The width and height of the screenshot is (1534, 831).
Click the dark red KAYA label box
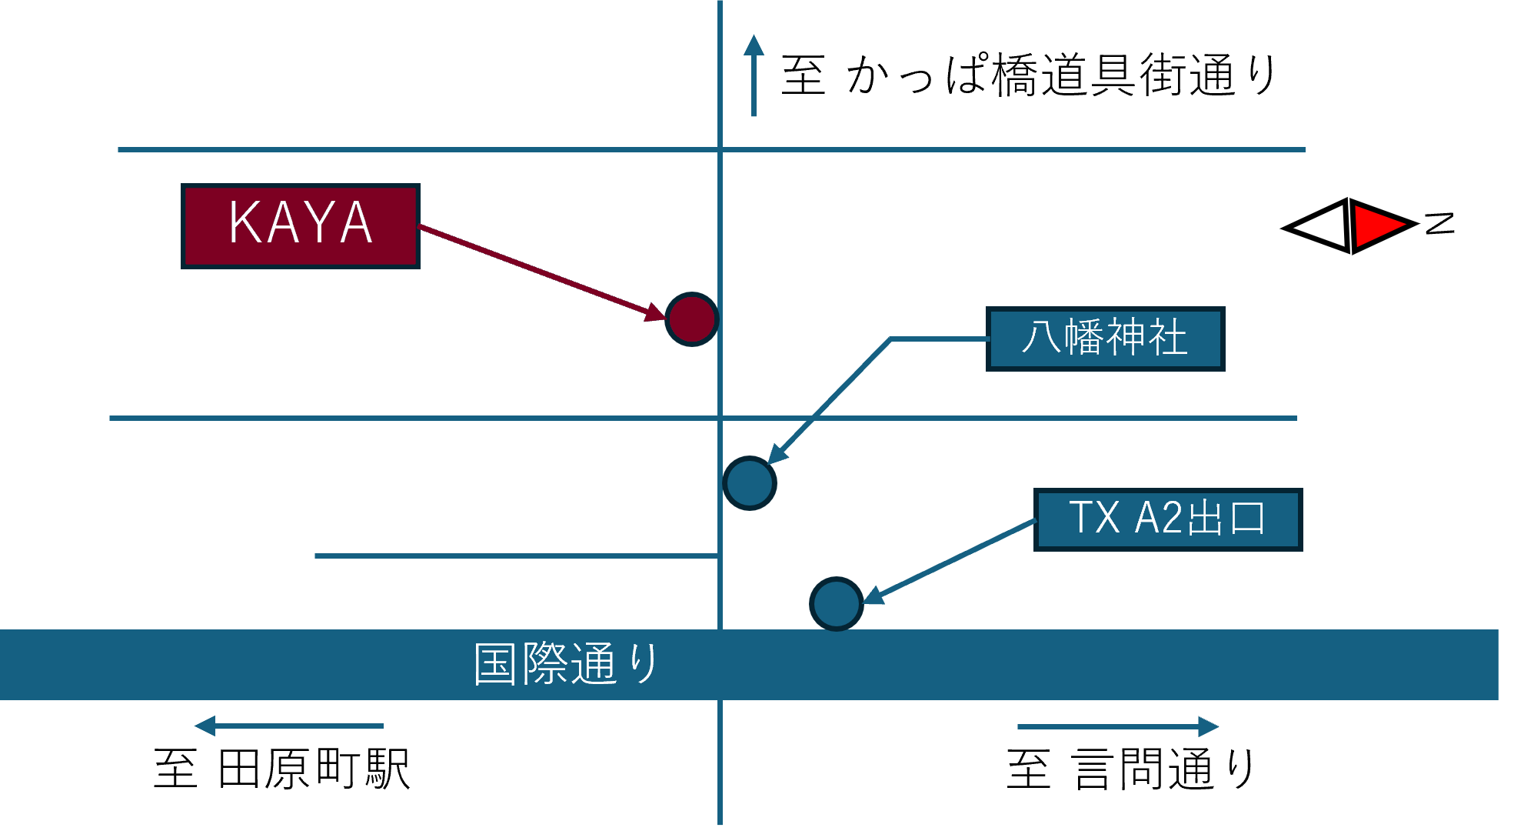point(300,226)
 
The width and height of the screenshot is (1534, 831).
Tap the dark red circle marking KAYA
point(691,319)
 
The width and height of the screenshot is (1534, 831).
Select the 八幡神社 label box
point(1105,339)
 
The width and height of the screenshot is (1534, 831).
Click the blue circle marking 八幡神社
point(750,483)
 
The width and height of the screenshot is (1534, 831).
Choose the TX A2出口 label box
point(1167,519)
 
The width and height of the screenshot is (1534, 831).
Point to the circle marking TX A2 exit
point(837,604)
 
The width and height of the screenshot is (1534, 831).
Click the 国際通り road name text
point(566,664)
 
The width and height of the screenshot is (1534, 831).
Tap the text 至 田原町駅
point(282,769)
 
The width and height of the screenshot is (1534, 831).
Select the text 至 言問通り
point(1130,769)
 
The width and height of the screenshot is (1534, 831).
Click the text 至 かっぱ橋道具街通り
point(1028,75)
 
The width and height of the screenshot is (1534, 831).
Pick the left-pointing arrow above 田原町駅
point(288,726)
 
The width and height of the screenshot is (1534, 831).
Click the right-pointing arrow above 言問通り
point(1117,726)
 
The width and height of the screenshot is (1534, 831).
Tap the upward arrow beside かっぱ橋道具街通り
point(754,75)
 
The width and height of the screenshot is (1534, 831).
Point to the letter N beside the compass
point(1439,223)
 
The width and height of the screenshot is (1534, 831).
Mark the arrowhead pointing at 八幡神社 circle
point(778,453)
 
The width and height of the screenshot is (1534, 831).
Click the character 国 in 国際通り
point(494,664)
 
